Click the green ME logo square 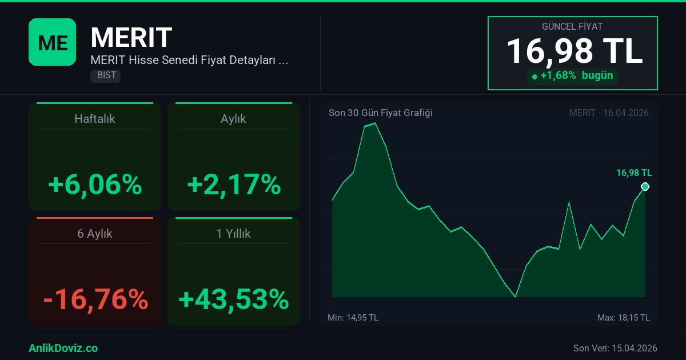pyautogui.click(x=52, y=42)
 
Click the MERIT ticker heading pyautogui.click(x=131, y=38)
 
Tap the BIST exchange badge pyautogui.click(x=106, y=75)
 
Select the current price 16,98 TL pyautogui.click(x=574, y=50)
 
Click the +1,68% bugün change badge pyautogui.click(x=572, y=75)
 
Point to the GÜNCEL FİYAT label pyautogui.click(x=572, y=26)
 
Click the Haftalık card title pyautogui.click(x=95, y=119)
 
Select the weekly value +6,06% pyautogui.click(x=95, y=185)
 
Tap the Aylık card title pyautogui.click(x=233, y=119)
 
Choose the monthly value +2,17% pyautogui.click(x=233, y=185)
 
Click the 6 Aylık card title pyautogui.click(x=95, y=234)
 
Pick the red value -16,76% pyautogui.click(x=95, y=299)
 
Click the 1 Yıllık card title pyautogui.click(x=233, y=234)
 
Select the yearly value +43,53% pyautogui.click(x=233, y=299)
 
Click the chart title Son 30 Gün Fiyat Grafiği pyautogui.click(x=380, y=113)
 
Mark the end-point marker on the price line pyautogui.click(x=645, y=187)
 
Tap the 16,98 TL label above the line pyautogui.click(x=633, y=173)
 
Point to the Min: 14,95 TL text pyautogui.click(x=353, y=318)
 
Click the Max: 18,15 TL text pyautogui.click(x=623, y=318)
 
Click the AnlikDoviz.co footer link pyautogui.click(x=63, y=348)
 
